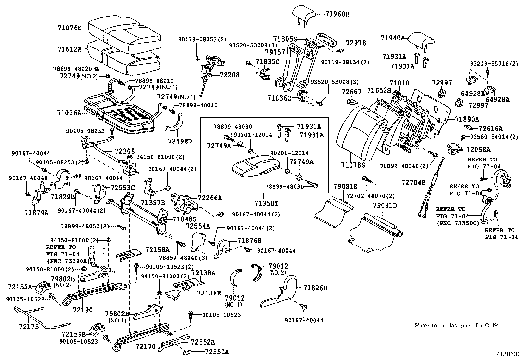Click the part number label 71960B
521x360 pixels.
pos(337,14)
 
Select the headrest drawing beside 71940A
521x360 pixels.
pos(422,41)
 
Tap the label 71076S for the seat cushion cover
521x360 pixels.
pos(69,28)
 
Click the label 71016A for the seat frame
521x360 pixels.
pos(69,113)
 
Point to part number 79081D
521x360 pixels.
pos(385,205)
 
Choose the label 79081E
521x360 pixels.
pos(346,187)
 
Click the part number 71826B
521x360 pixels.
pos(315,288)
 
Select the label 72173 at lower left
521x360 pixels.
pos(29,326)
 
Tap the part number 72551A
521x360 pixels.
pos(217,352)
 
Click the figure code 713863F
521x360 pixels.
pos(507,354)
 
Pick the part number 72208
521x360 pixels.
pos(229,75)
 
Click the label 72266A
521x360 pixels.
pos(209,198)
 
